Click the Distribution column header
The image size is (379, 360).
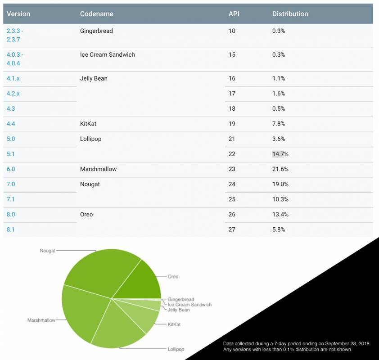tap(290, 14)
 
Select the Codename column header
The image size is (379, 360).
tap(96, 14)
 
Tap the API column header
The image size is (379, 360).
tap(234, 14)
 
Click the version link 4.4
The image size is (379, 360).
tap(11, 124)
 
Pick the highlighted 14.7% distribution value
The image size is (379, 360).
tap(280, 154)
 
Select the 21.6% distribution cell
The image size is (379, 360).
tap(280, 169)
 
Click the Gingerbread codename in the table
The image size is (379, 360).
tap(96, 31)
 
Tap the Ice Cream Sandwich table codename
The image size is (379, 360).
tap(107, 55)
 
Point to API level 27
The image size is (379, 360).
tap(232, 229)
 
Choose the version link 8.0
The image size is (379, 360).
tap(11, 215)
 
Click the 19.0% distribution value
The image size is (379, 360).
tap(280, 184)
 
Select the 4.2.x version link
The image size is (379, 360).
tap(13, 94)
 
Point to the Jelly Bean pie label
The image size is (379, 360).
tap(179, 310)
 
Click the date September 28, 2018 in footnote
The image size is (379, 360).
tap(347, 344)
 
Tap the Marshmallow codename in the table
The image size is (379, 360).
tap(98, 169)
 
